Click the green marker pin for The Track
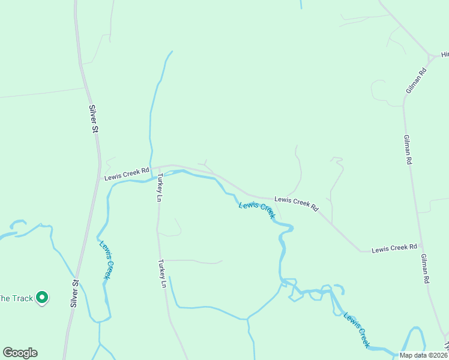coord(42,297)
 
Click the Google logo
coord(20,353)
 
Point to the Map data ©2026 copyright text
coord(424,355)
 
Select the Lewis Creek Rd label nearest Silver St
coord(126,174)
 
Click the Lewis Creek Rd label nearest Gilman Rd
coord(394,248)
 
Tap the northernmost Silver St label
coord(94,118)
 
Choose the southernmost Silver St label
coord(75,293)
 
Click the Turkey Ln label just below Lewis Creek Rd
coord(160,188)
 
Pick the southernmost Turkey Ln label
coord(161,273)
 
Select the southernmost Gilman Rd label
coord(425,268)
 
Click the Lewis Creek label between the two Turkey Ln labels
coord(256,209)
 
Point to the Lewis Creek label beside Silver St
coord(107,259)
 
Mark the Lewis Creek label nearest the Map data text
coord(357,330)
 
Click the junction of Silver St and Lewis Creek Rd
coord(100,178)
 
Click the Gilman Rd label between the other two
coord(408,153)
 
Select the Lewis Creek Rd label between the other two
coord(297,203)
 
